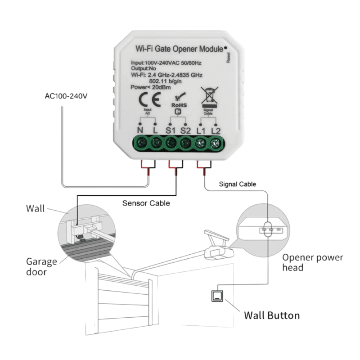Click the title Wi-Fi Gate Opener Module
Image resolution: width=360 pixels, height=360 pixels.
178,48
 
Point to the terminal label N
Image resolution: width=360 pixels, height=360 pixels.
139,130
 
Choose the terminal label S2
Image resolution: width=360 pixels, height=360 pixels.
185,130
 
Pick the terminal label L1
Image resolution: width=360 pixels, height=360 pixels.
201,130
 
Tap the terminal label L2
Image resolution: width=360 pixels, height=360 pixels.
216,130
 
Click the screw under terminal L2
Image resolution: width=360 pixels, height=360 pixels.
215,144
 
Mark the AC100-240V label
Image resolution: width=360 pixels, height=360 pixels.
67,96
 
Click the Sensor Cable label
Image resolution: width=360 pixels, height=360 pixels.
146,203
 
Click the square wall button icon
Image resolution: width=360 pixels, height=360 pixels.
216,296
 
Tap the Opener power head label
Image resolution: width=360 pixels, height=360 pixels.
313,263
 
